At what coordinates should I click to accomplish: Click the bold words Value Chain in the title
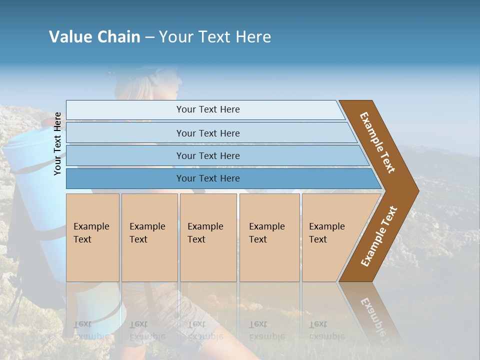pyautogui.click(x=94, y=37)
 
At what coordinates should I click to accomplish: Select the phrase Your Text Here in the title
pyautogui.click(x=215, y=37)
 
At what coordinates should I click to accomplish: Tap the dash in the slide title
pyautogui.click(x=149, y=37)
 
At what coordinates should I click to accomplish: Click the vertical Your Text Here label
pyautogui.click(x=58, y=143)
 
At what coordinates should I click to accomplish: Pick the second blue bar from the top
pyautogui.click(x=207, y=133)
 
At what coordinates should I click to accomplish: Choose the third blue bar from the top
pyautogui.click(x=207, y=155)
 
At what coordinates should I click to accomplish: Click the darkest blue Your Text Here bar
pyautogui.click(x=207, y=178)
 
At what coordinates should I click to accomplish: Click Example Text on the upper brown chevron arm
pyautogui.click(x=377, y=142)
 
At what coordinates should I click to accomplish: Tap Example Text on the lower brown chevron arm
pyautogui.click(x=379, y=236)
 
